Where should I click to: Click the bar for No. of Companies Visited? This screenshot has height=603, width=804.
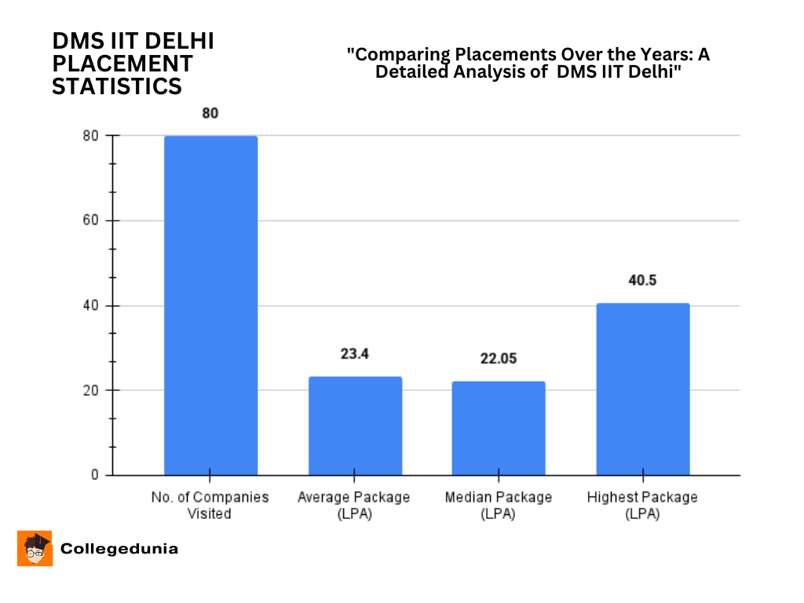click(210, 305)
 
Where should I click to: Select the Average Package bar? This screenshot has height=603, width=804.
click(355, 426)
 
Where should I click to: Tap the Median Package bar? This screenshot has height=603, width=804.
click(499, 428)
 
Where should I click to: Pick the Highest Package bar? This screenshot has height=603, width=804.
click(643, 389)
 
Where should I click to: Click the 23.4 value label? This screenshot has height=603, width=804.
click(355, 354)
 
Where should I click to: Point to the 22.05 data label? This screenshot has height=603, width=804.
click(499, 359)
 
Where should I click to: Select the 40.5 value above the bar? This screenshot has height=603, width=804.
click(642, 280)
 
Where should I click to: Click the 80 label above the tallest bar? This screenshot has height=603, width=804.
click(210, 113)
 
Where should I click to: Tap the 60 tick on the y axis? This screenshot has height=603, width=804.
click(91, 221)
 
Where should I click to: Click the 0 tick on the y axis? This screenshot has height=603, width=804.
click(95, 475)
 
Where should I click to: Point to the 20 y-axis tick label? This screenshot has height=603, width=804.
click(91, 390)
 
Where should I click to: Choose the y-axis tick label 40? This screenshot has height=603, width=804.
click(91, 305)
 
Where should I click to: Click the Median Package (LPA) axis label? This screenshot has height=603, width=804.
click(499, 506)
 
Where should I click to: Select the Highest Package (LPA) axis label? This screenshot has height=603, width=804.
click(642, 506)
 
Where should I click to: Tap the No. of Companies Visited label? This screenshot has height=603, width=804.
click(210, 506)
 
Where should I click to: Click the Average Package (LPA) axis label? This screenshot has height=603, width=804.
click(354, 506)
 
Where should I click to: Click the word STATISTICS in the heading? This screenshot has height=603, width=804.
click(117, 86)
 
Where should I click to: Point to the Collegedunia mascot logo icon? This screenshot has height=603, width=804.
click(35, 548)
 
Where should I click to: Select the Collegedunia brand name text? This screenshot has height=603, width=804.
click(119, 549)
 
